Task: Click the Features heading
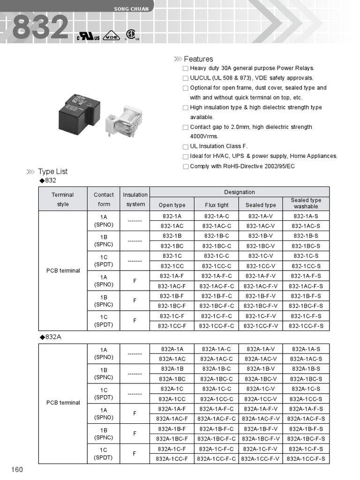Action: tap(198, 59)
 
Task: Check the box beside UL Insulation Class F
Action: tap(186, 147)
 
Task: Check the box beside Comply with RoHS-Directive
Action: tap(186, 166)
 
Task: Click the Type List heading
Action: tap(53, 172)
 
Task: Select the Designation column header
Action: tap(239, 192)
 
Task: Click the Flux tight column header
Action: tap(217, 205)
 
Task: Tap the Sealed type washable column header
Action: tap(306, 203)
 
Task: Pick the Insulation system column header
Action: tap(135, 199)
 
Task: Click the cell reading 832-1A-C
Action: tap(217, 216)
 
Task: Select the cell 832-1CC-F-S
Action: tap(306, 326)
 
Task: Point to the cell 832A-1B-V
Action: tap(261, 369)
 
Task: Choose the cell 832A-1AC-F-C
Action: tap(217, 419)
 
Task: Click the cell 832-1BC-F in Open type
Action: tap(172, 306)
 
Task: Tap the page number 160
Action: tap(17, 470)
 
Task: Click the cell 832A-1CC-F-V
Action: tap(261, 459)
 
